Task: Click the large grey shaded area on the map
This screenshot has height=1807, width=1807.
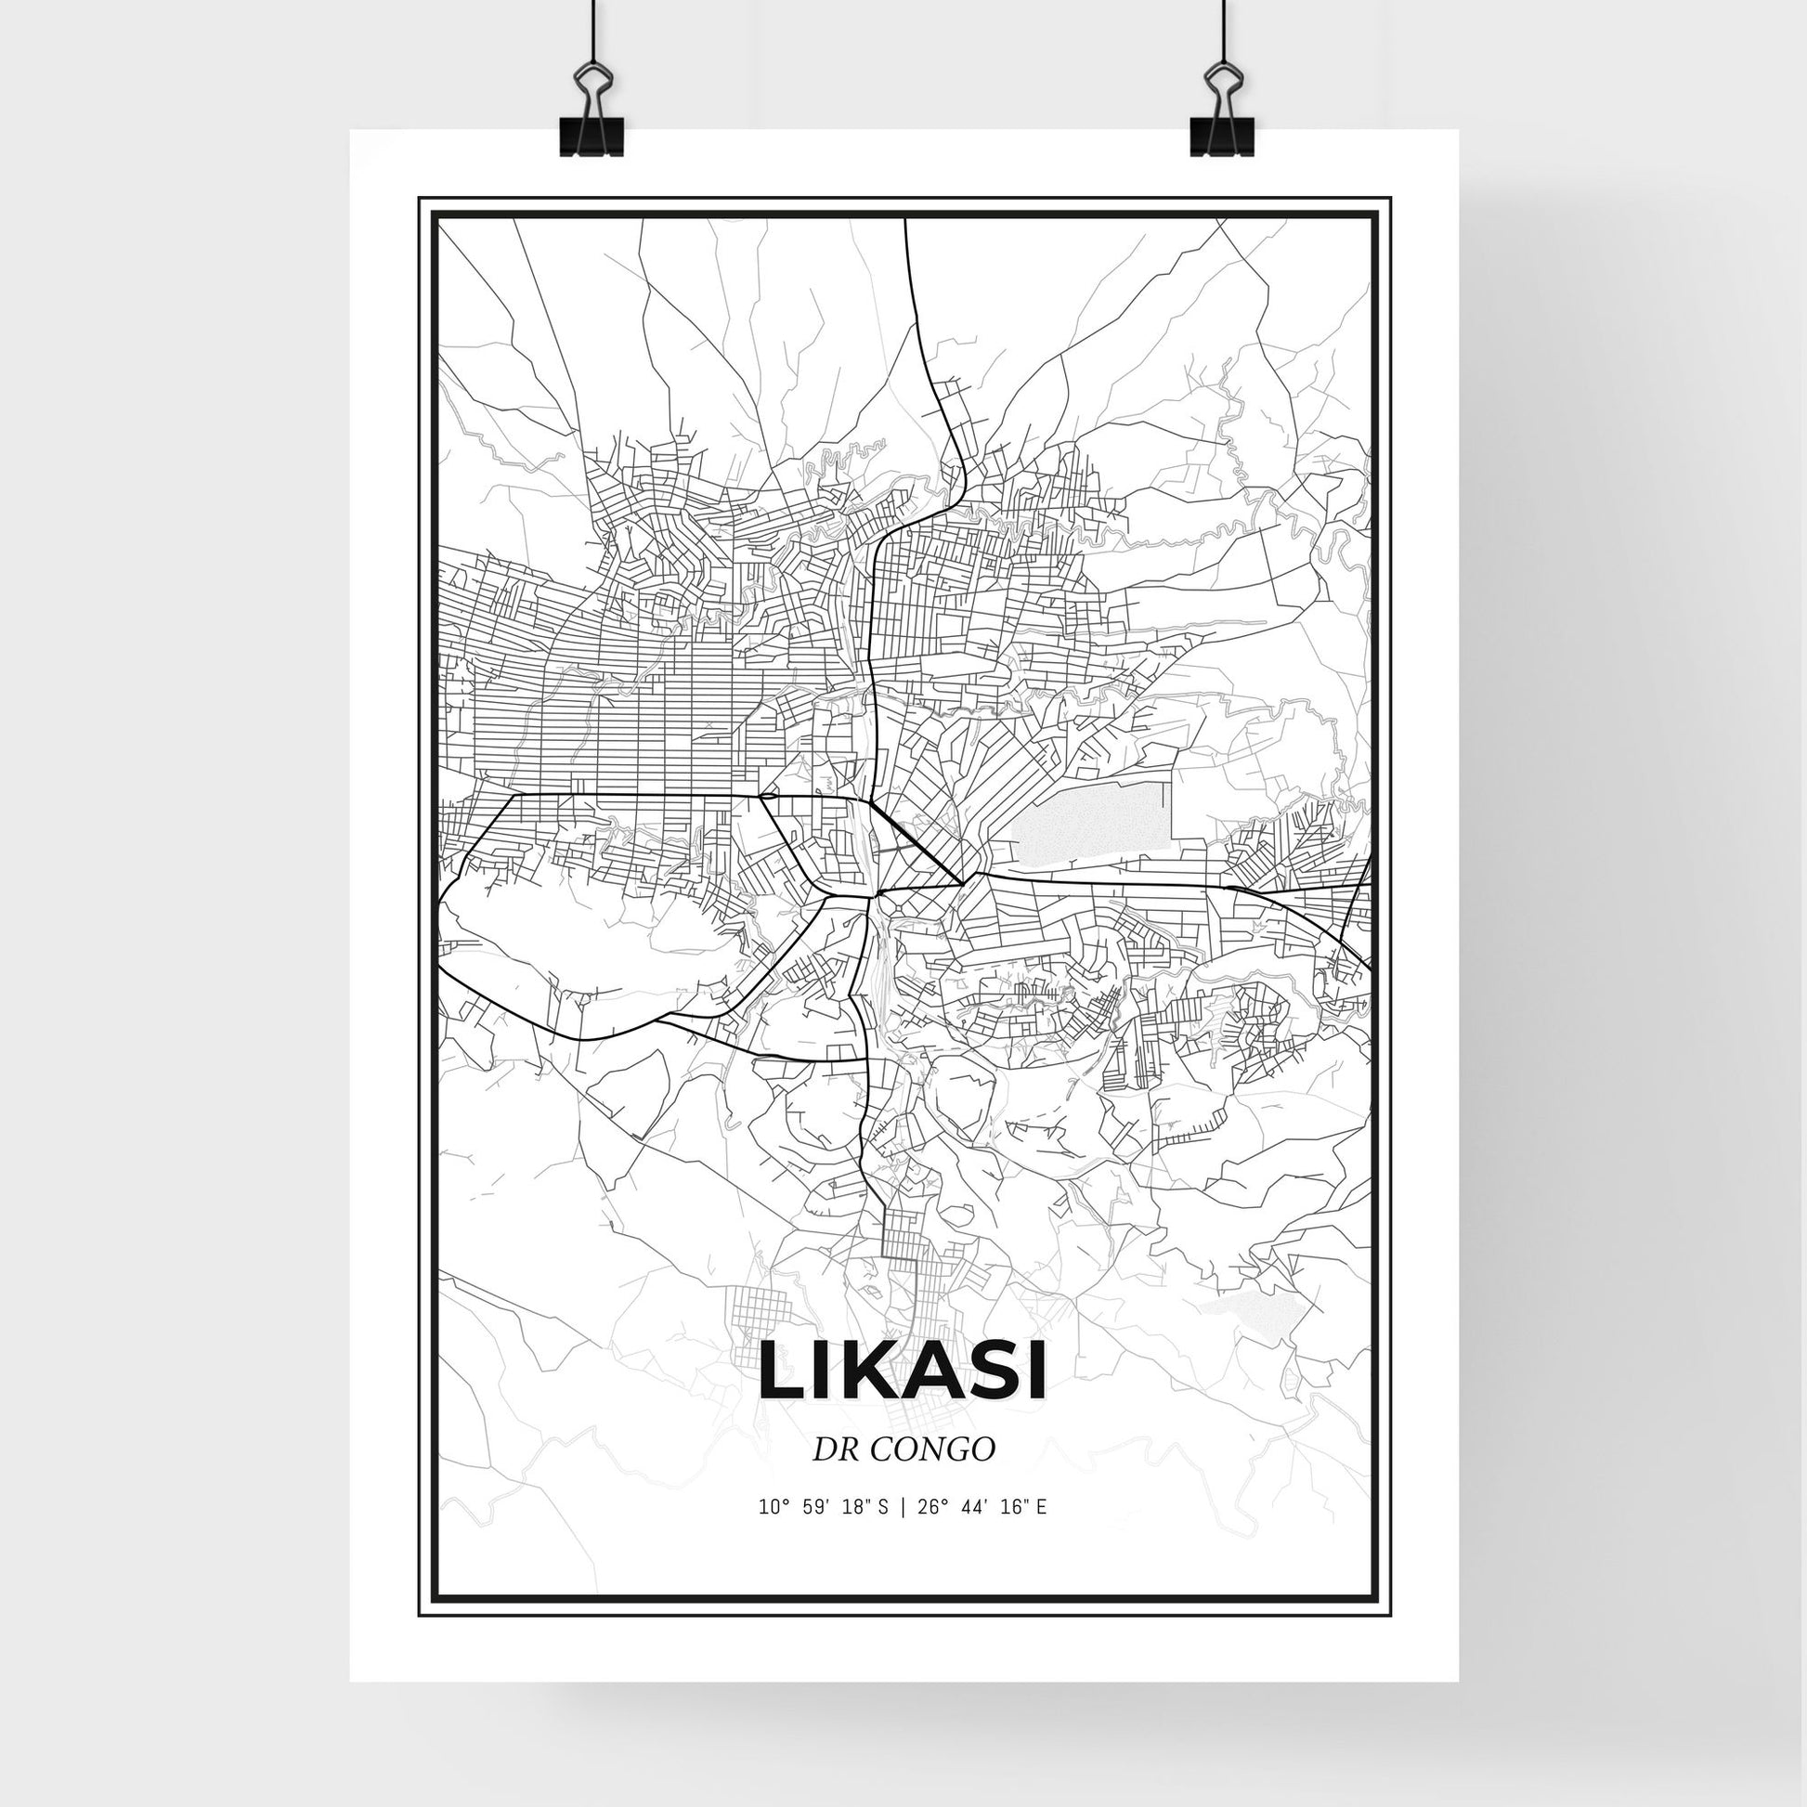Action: pyautogui.click(x=1092, y=824)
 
